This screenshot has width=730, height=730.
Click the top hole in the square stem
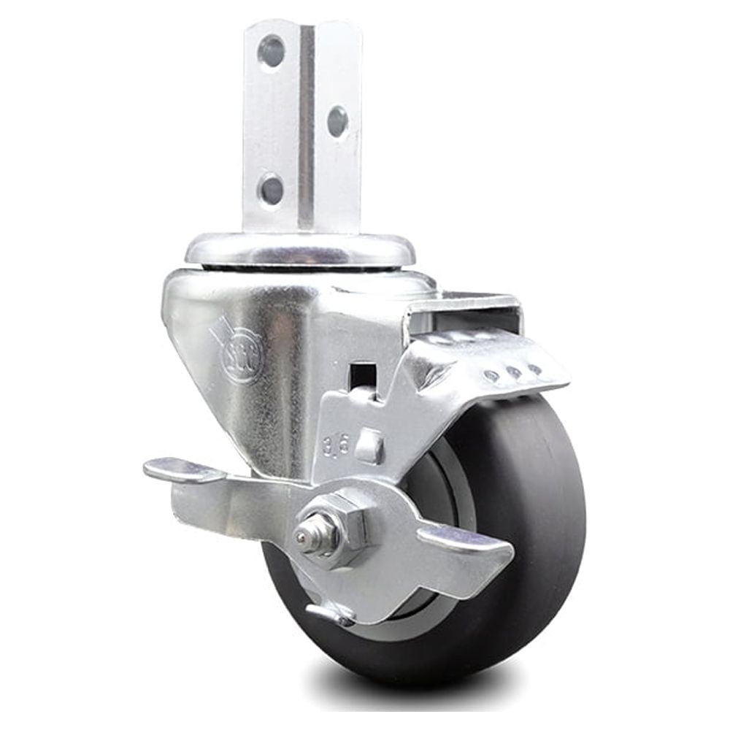(271, 51)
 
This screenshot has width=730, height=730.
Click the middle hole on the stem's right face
(337, 121)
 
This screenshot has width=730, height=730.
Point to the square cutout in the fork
(363, 377)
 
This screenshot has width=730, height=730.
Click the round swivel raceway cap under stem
(299, 250)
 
